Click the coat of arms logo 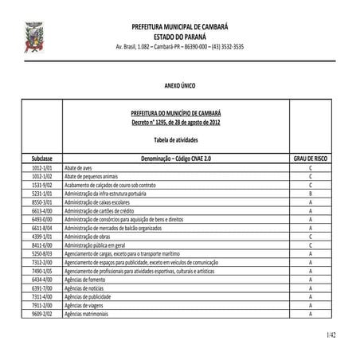[x=34, y=36]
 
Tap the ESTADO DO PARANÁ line [x=180, y=37]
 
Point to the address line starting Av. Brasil [x=180, y=47]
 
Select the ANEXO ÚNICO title [x=180, y=84]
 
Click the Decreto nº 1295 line [x=176, y=123]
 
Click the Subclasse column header [x=42, y=159]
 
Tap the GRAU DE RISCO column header [x=310, y=159]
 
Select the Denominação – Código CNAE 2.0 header [x=176, y=159]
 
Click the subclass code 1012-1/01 [x=42, y=169]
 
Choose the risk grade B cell [x=310, y=194]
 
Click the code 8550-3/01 [x=42, y=202]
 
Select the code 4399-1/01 [x=42, y=236]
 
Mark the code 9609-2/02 [x=42, y=314]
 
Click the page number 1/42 [x=331, y=335]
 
